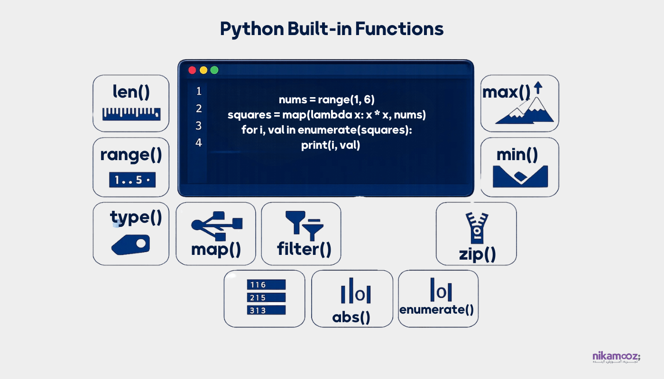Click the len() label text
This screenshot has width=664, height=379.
[131, 91]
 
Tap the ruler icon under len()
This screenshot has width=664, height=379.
[131, 114]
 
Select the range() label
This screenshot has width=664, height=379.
[131, 155]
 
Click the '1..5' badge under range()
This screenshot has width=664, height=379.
[132, 180]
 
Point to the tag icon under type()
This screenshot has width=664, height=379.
[131, 244]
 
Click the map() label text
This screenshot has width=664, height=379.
[216, 249]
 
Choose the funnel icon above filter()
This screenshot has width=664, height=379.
[304, 224]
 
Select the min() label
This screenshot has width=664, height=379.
[517, 154]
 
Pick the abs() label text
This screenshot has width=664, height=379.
[351, 317]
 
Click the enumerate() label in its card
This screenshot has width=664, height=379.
[437, 310]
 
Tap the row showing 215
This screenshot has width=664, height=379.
[266, 298]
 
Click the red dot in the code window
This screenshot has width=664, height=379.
[192, 70]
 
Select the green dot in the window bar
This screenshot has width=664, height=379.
[214, 70]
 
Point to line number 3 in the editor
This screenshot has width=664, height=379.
[198, 126]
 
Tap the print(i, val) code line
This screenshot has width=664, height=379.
[331, 145]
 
